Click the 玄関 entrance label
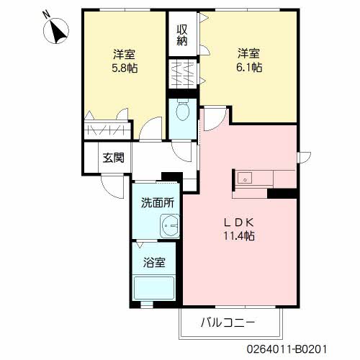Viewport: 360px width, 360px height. (113, 157)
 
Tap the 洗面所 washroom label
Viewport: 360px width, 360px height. (157, 203)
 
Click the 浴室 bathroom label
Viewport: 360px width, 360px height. (154, 262)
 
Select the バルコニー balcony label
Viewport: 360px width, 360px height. (228, 324)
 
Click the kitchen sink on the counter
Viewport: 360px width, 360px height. (244, 177)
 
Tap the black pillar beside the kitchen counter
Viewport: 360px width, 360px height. (282, 192)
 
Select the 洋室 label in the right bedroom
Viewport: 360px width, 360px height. (249, 53)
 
